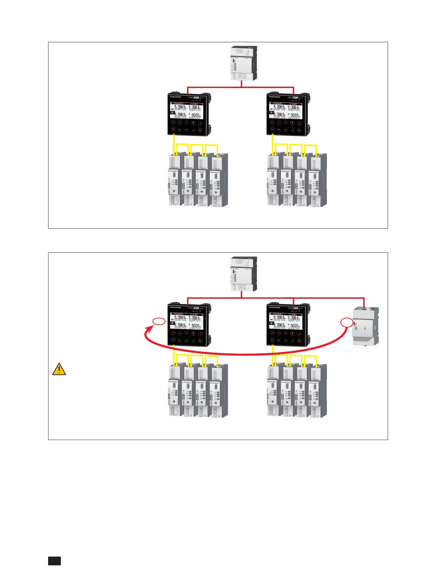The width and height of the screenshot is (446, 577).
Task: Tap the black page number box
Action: tap(54, 561)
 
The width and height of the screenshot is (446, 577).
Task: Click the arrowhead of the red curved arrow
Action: tap(148, 330)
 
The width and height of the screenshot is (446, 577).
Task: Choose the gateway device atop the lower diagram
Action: tap(243, 274)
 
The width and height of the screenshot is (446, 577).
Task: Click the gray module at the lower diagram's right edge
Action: tap(365, 326)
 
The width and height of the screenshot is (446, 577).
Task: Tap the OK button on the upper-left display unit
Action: tap(200, 130)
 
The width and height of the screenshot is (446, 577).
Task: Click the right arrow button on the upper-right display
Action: tap(299, 123)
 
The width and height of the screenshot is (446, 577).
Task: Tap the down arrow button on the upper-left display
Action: tap(187, 130)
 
